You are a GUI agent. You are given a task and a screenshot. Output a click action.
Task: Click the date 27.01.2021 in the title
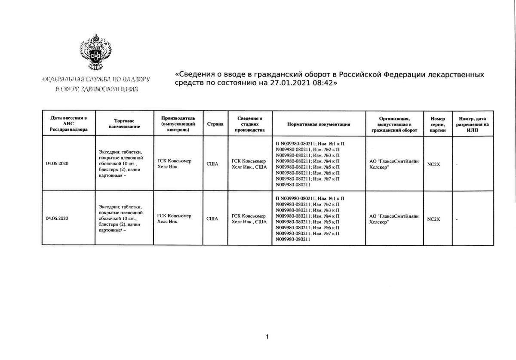[287, 83]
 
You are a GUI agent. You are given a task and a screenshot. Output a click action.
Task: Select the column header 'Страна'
[215, 124]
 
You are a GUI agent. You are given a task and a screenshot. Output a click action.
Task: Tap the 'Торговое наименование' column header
[125, 124]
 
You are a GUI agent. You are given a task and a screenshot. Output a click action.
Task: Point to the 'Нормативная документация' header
[319, 124]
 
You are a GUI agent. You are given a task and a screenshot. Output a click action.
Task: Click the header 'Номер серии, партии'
[438, 124]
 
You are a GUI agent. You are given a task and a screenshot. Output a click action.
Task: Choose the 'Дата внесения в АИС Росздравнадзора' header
[68, 124]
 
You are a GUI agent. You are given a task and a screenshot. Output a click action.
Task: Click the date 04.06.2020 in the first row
[57, 164]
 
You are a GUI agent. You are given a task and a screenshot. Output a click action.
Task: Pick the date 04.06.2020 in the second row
[57, 218]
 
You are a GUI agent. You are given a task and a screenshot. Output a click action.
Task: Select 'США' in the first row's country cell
[212, 164]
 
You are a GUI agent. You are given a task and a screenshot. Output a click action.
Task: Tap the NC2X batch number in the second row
[433, 219]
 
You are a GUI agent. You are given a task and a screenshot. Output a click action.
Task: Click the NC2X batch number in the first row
[433, 164]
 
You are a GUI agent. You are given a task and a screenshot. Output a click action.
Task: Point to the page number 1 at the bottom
[267, 337]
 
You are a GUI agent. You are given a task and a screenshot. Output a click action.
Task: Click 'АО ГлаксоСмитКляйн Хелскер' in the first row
[394, 164]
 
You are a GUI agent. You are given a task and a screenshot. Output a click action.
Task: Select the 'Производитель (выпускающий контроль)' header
[178, 124]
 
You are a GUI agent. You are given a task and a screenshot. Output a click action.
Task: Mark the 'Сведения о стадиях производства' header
[250, 124]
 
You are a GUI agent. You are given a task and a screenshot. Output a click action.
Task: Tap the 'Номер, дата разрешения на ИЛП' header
[472, 124]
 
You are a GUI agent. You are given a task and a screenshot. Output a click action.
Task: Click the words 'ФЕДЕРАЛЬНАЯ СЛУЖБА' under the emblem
[72, 80]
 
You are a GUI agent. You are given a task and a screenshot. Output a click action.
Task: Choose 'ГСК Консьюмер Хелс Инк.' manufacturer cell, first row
[175, 164]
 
